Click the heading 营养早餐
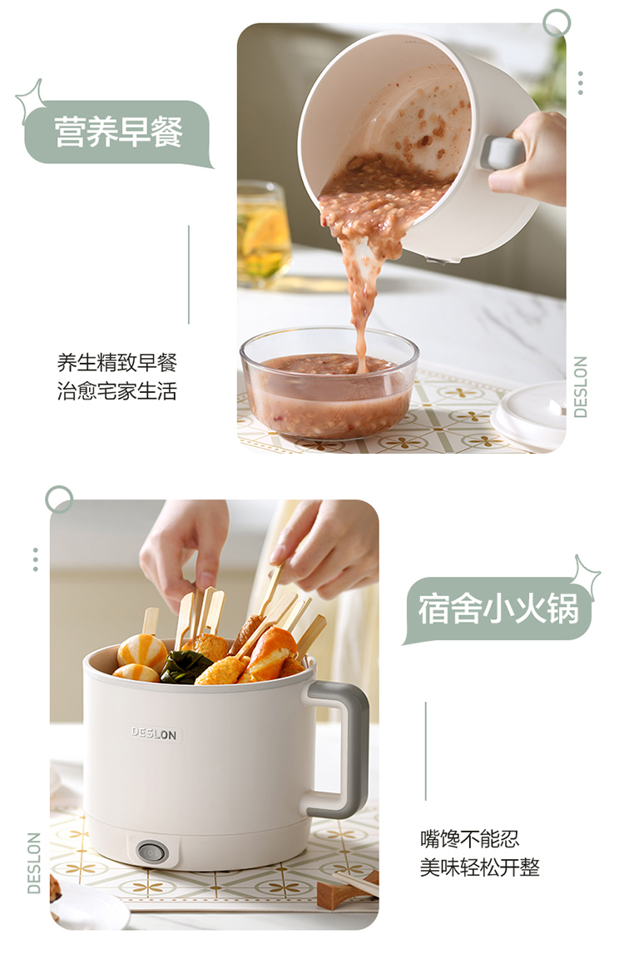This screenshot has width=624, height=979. point(118,132)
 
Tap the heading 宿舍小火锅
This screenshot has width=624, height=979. point(498,609)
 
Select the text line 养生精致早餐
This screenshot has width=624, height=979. point(117,362)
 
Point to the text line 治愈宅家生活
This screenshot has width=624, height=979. point(117,391)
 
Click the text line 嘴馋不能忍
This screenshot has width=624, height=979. point(469,838)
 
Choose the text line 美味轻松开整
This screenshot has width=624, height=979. point(479,867)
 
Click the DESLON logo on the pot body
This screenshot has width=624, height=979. point(154,733)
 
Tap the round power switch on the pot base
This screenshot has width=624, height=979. point(151,852)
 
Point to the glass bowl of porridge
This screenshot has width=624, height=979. point(329,383)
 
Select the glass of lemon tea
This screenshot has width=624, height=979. point(263,234)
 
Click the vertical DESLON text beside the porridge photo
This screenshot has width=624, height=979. point(581,387)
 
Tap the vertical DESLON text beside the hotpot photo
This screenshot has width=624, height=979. point(34,862)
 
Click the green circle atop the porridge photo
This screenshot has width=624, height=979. point(557,23)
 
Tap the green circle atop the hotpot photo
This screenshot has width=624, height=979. point(59,499)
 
